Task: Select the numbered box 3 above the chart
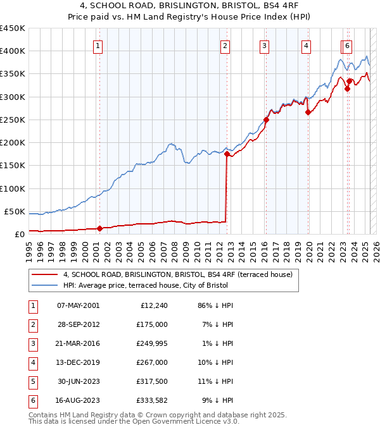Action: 264,46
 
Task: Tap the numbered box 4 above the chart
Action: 306,46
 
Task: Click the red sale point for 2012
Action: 227,153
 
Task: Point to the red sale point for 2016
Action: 266,119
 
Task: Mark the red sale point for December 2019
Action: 308,112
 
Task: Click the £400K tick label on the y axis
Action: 12,51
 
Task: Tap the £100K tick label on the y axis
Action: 12,188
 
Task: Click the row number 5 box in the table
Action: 32,381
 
